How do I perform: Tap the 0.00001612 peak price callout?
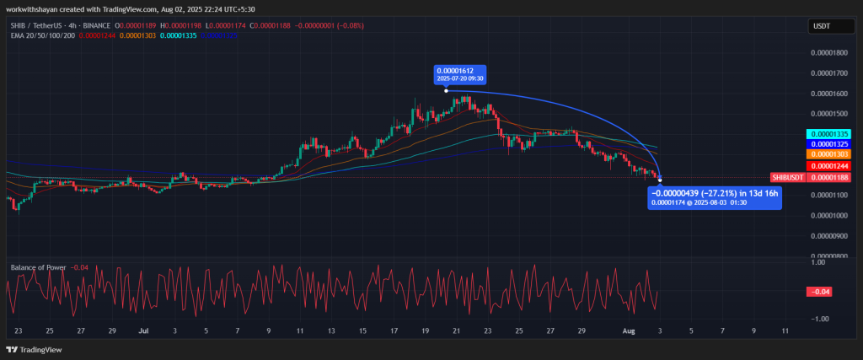pos(461,73)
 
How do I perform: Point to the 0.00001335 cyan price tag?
pos(830,134)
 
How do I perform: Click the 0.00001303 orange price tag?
pos(830,155)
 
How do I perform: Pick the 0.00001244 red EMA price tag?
pos(830,166)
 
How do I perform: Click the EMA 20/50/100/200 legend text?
pos(42,35)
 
